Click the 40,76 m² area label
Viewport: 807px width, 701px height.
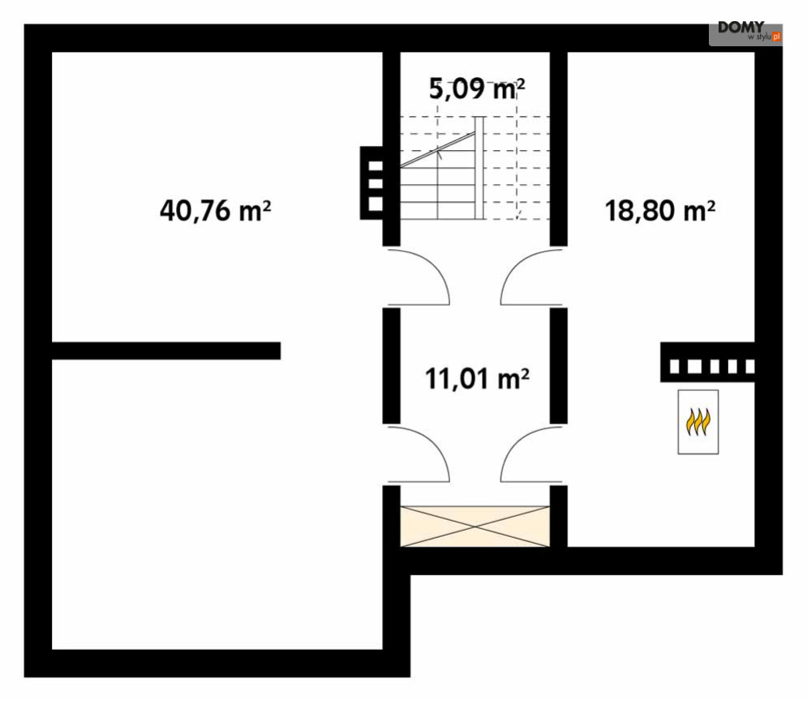click(215, 211)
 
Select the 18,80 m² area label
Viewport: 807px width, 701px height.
click(659, 211)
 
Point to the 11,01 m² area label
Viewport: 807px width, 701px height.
click(477, 378)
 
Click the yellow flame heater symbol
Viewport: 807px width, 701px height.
click(698, 422)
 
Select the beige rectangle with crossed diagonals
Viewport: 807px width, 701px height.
click(475, 526)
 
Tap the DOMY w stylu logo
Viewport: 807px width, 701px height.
click(745, 32)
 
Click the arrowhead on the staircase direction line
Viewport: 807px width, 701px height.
click(439, 151)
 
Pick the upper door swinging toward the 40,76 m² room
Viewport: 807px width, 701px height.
click(419, 277)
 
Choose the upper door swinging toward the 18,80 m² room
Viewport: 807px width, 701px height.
click(530, 277)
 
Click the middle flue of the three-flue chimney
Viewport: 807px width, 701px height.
click(375, 183)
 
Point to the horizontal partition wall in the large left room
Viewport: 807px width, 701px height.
click(166, 350)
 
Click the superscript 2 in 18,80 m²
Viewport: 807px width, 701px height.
click(710, 205)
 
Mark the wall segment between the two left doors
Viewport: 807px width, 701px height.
click(391, 365)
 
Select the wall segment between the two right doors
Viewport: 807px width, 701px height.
click(558, 365)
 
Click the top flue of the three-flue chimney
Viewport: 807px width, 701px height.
click(375, 166)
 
